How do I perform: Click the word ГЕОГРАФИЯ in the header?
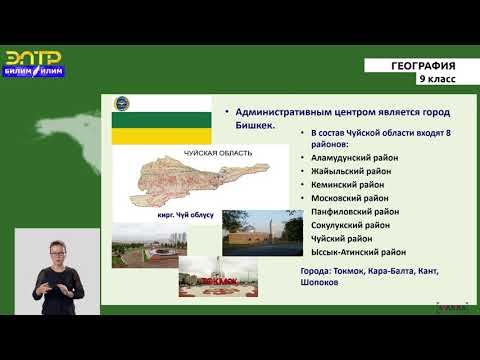point(423,66)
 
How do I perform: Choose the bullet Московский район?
point(351,198)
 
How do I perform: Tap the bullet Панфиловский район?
point(356,211)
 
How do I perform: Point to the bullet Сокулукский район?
point(353,225)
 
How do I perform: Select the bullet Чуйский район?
point(342,238)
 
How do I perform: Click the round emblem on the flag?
point(123,103)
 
